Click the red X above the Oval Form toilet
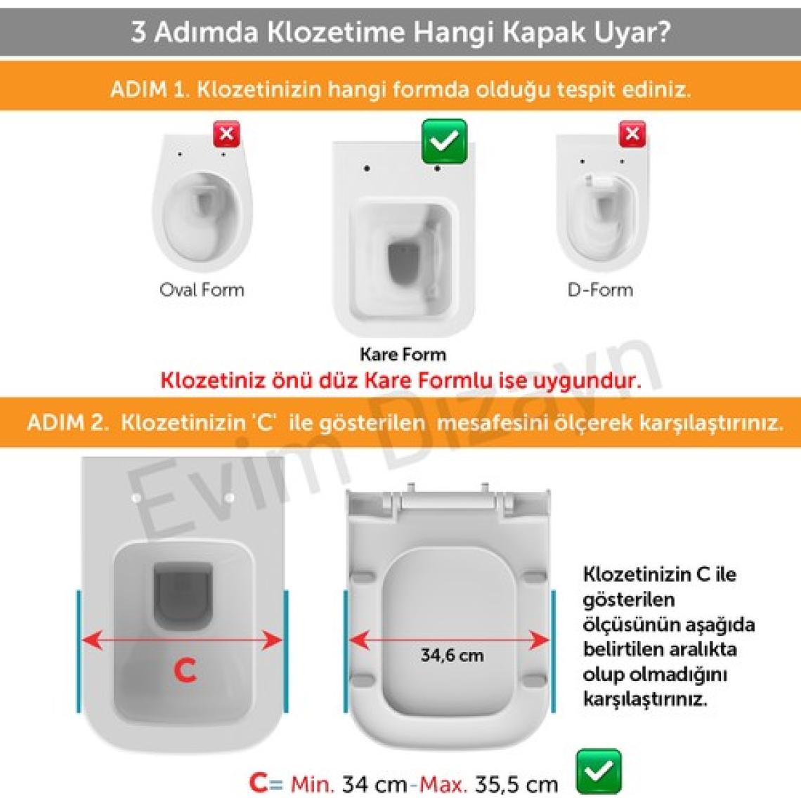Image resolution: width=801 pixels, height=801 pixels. click(227, 134)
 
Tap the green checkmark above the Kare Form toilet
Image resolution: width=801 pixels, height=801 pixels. click(445, 141)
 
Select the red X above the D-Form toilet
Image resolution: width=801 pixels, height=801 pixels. click(632, 134)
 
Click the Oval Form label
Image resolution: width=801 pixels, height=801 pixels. click(202, 290)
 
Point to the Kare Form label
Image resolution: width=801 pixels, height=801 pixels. click(403, 354)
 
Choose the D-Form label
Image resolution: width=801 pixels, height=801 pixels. click(600, 290)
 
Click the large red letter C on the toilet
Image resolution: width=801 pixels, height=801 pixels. click(185, 670)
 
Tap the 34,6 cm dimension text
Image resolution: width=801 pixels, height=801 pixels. click(452, 656)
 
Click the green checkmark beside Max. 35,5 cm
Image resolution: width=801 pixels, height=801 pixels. click(599, 771)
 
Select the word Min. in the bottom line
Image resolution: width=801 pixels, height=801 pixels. click(312, 783)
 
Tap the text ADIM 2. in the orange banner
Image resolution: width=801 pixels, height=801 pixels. click(68, 423)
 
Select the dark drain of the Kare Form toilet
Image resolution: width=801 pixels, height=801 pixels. click(403, 261)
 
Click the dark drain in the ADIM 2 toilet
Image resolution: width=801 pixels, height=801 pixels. click(183, 596)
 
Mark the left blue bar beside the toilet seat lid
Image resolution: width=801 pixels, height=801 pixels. click(346, 651)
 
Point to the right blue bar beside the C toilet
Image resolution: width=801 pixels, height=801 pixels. click(285, 651)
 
